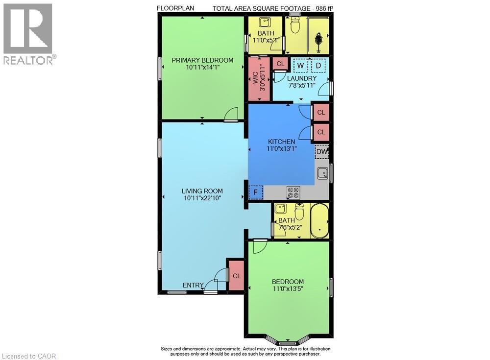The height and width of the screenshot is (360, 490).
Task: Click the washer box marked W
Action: point(300,65)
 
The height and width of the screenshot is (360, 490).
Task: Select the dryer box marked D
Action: point(318,65)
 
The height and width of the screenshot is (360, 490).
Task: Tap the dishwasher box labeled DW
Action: point(322,152)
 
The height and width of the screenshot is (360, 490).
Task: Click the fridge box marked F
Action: point(256,192)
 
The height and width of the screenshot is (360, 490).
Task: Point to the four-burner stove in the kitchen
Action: point(294,192)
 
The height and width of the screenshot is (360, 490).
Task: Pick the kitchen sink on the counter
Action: point(322,173)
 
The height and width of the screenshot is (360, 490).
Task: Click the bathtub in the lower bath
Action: point(319,220)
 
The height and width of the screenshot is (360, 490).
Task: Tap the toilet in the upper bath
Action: point(294,24)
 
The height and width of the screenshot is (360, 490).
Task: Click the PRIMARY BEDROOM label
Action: point(202,60)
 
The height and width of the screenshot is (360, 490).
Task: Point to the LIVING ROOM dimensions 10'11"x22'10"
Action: point(202,198)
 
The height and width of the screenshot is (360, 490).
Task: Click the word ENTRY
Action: point(193,285)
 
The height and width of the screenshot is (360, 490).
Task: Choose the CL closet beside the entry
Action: point(237,276)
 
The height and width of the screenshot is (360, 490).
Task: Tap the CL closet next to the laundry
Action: point(280,64)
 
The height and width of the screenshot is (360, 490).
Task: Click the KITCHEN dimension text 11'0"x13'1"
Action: point(282,149)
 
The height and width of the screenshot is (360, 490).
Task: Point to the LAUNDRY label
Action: point(302,78)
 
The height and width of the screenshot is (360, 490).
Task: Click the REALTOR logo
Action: point(29,34)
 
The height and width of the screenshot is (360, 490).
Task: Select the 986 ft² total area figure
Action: point(324,8)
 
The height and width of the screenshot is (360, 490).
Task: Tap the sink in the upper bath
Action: point(265,23)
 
